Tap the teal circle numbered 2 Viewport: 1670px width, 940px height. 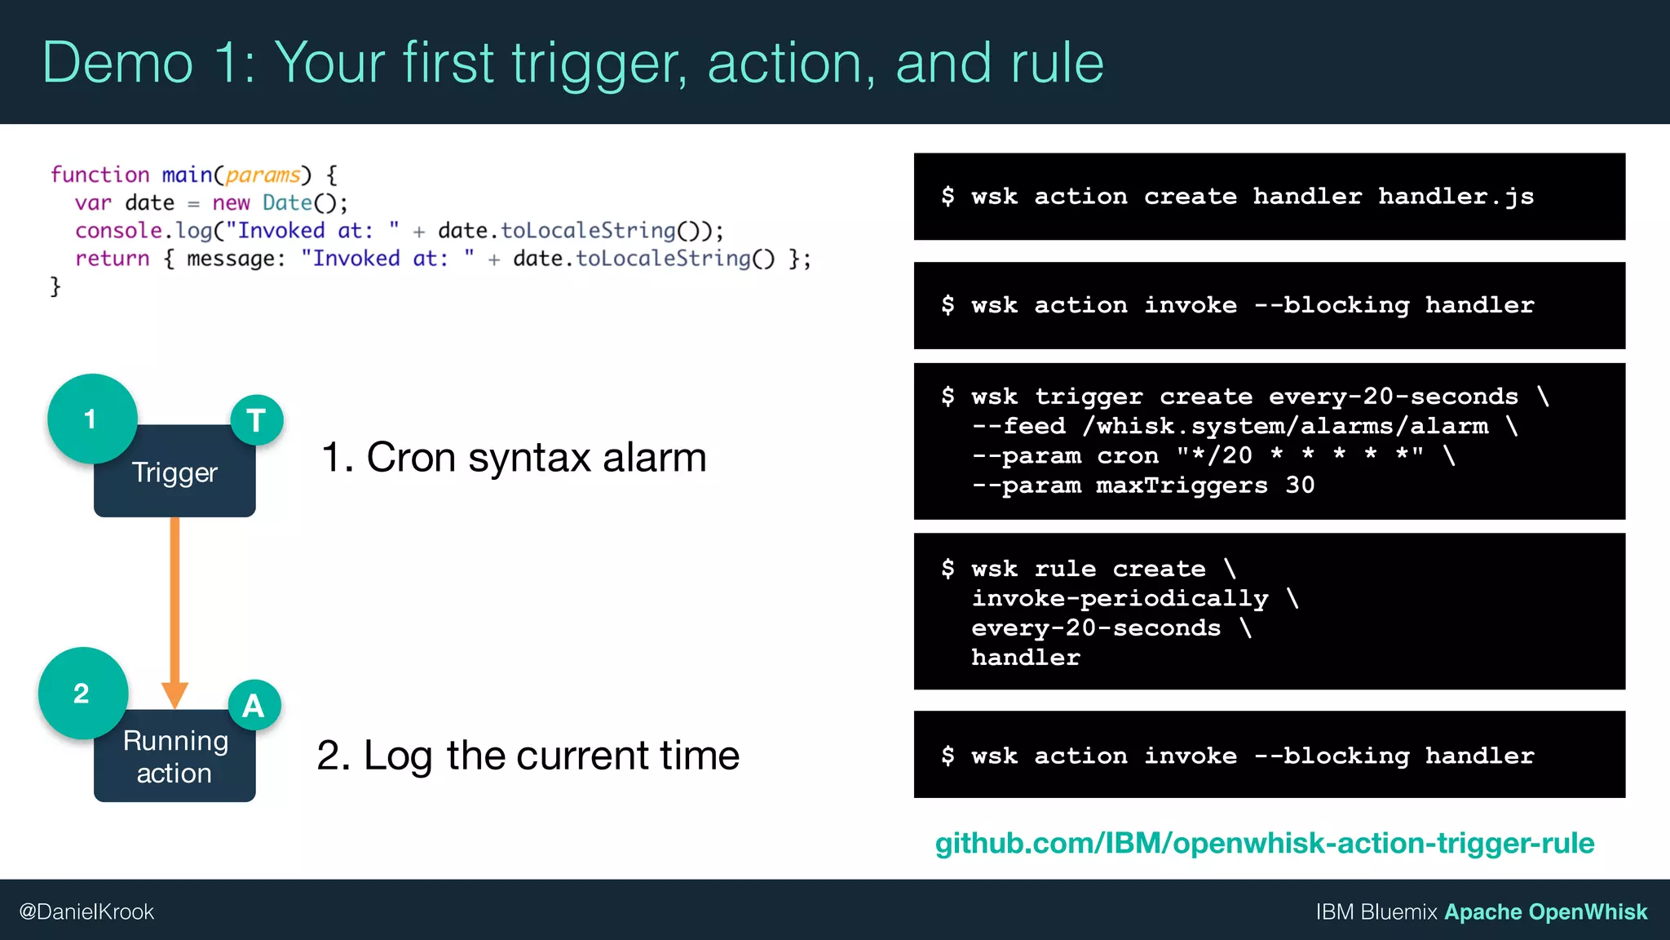82,693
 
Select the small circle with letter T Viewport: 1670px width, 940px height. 257,420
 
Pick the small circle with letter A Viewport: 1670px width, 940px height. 254,705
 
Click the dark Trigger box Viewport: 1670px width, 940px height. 175,481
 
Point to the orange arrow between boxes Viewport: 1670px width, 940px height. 175,604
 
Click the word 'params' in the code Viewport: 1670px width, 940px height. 263,175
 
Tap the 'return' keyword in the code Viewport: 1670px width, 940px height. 113,259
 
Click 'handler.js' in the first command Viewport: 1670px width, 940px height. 1456,197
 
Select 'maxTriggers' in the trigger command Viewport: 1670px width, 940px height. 1182,486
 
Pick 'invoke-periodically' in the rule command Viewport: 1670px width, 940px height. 1120,598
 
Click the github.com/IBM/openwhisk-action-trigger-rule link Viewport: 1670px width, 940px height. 1264,843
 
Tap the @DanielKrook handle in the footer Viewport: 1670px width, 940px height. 86,911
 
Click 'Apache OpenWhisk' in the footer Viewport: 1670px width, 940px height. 1545,911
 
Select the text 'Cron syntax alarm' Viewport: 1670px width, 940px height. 536,457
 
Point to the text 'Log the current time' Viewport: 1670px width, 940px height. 551,755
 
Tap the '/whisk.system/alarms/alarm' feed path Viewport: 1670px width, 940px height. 1285,426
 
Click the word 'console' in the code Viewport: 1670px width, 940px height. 118,231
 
